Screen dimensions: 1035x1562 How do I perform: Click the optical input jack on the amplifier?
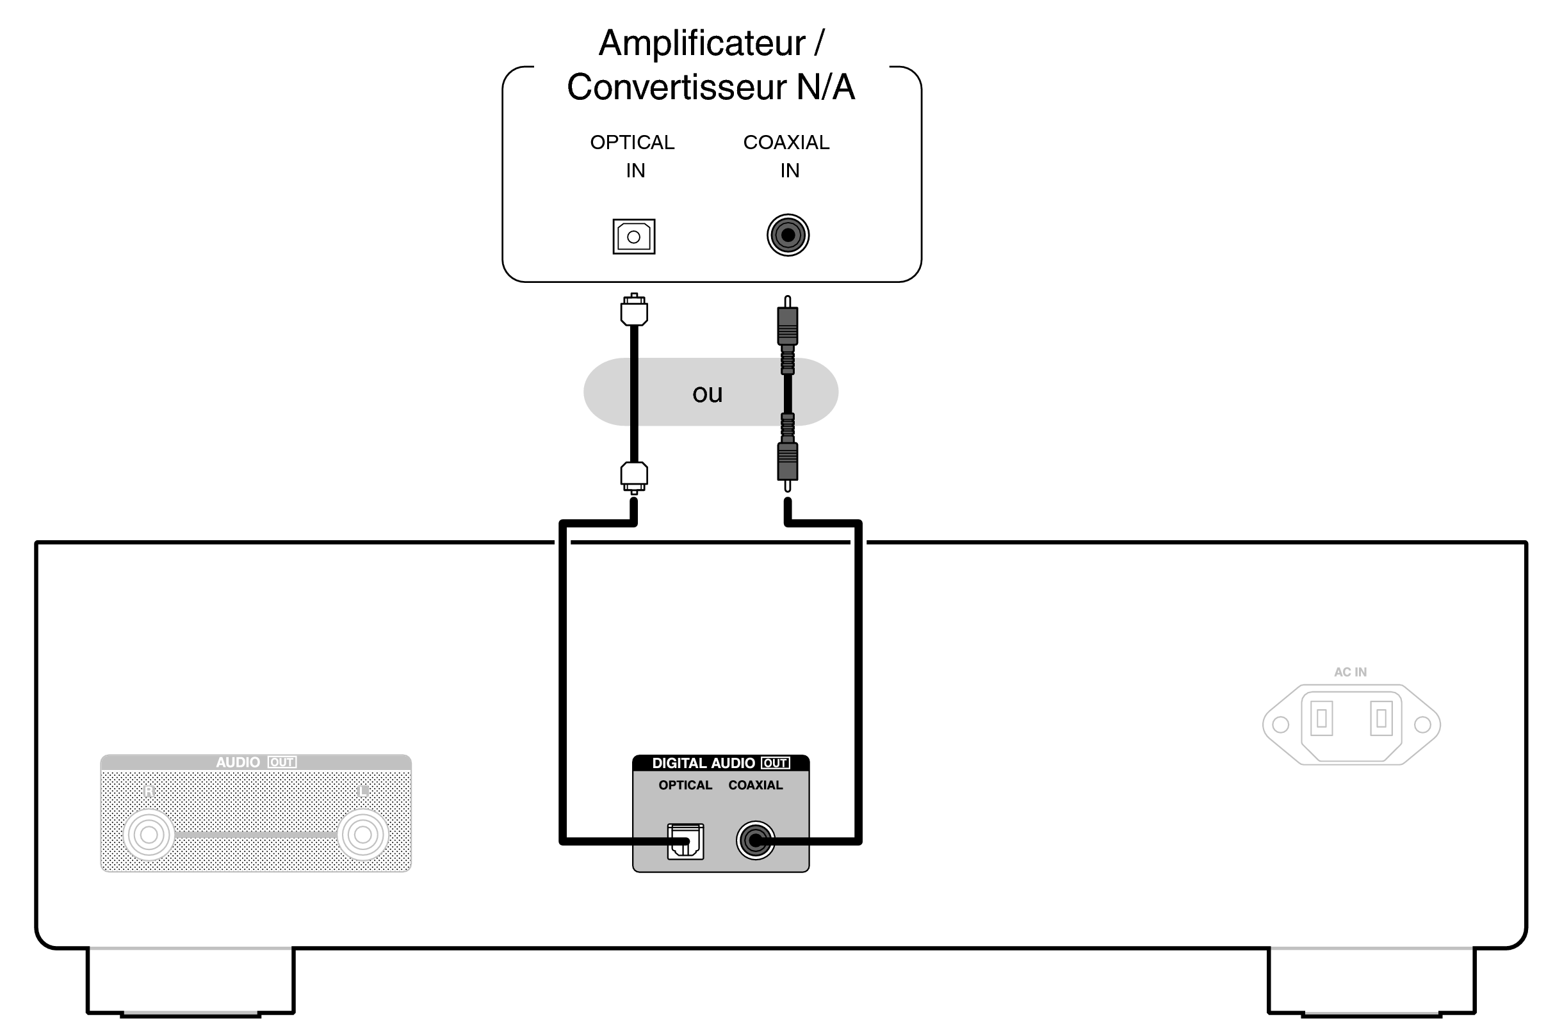pyautogui.click(x=633, y=236)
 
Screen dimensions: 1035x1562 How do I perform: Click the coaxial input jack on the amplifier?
pyautogui.click(x=787, y=235)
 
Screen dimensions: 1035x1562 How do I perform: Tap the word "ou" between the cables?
pyautogui.click(x=708, y=394)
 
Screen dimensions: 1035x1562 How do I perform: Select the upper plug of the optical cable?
pyautogui.click(x=634, y=310)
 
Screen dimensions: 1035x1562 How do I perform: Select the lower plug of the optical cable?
pyautogui.click(x=634, y=476)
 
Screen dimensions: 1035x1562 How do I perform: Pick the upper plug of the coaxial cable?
pyautogui.click(x=787, y=323)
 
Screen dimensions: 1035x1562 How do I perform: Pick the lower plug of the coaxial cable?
pyautogui.click(x=787, y=462)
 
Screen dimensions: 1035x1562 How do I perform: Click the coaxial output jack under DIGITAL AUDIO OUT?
pyautogui.click(x=755, y=840)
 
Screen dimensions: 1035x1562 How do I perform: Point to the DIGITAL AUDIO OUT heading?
pyautogui.click(x=720, y=763)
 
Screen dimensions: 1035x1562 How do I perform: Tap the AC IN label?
pyautogui.click(x=1350, y=672)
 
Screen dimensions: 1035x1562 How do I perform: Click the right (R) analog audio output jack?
pyautogui.click(x=149, y=835)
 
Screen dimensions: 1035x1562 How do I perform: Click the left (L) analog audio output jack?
pyautogui.click(x=362, y=835)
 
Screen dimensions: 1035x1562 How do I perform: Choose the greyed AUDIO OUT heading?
pyautogui.click(x=256, y=762)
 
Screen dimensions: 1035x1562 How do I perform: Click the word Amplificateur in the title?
pyautogui.click(x=701, y=44)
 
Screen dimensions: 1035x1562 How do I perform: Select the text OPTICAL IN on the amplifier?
pyautogui.click(x=633, y=156)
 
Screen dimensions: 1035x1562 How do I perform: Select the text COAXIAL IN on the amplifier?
pyautogui.click(x=786, y=156)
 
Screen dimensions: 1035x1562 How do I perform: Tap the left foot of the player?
pyautogui.click(x=191, y=981)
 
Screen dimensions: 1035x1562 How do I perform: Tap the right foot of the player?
pyautogui.click(x=1371, y=981)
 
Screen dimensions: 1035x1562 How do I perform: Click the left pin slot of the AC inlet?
pyautogui.click(x=1322, y=718)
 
